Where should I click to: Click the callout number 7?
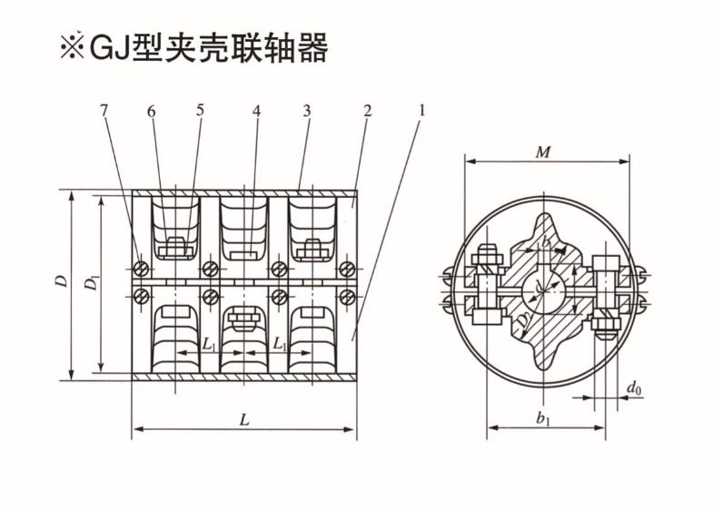click(104, 111)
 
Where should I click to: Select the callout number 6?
click(151, 111)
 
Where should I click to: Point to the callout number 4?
click(257, 111)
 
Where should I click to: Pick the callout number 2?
click(367, 111)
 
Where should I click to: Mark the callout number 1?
click(421, 111)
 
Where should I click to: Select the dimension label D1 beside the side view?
click(91, 284)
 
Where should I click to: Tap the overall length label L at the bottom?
click(243, 418)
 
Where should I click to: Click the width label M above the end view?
click(542, 152)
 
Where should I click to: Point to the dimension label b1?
click(543, 418)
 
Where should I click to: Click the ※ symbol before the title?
click(72, 48)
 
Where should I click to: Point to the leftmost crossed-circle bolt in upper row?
click(140, 270)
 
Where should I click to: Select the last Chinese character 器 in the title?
click(312, 48)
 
